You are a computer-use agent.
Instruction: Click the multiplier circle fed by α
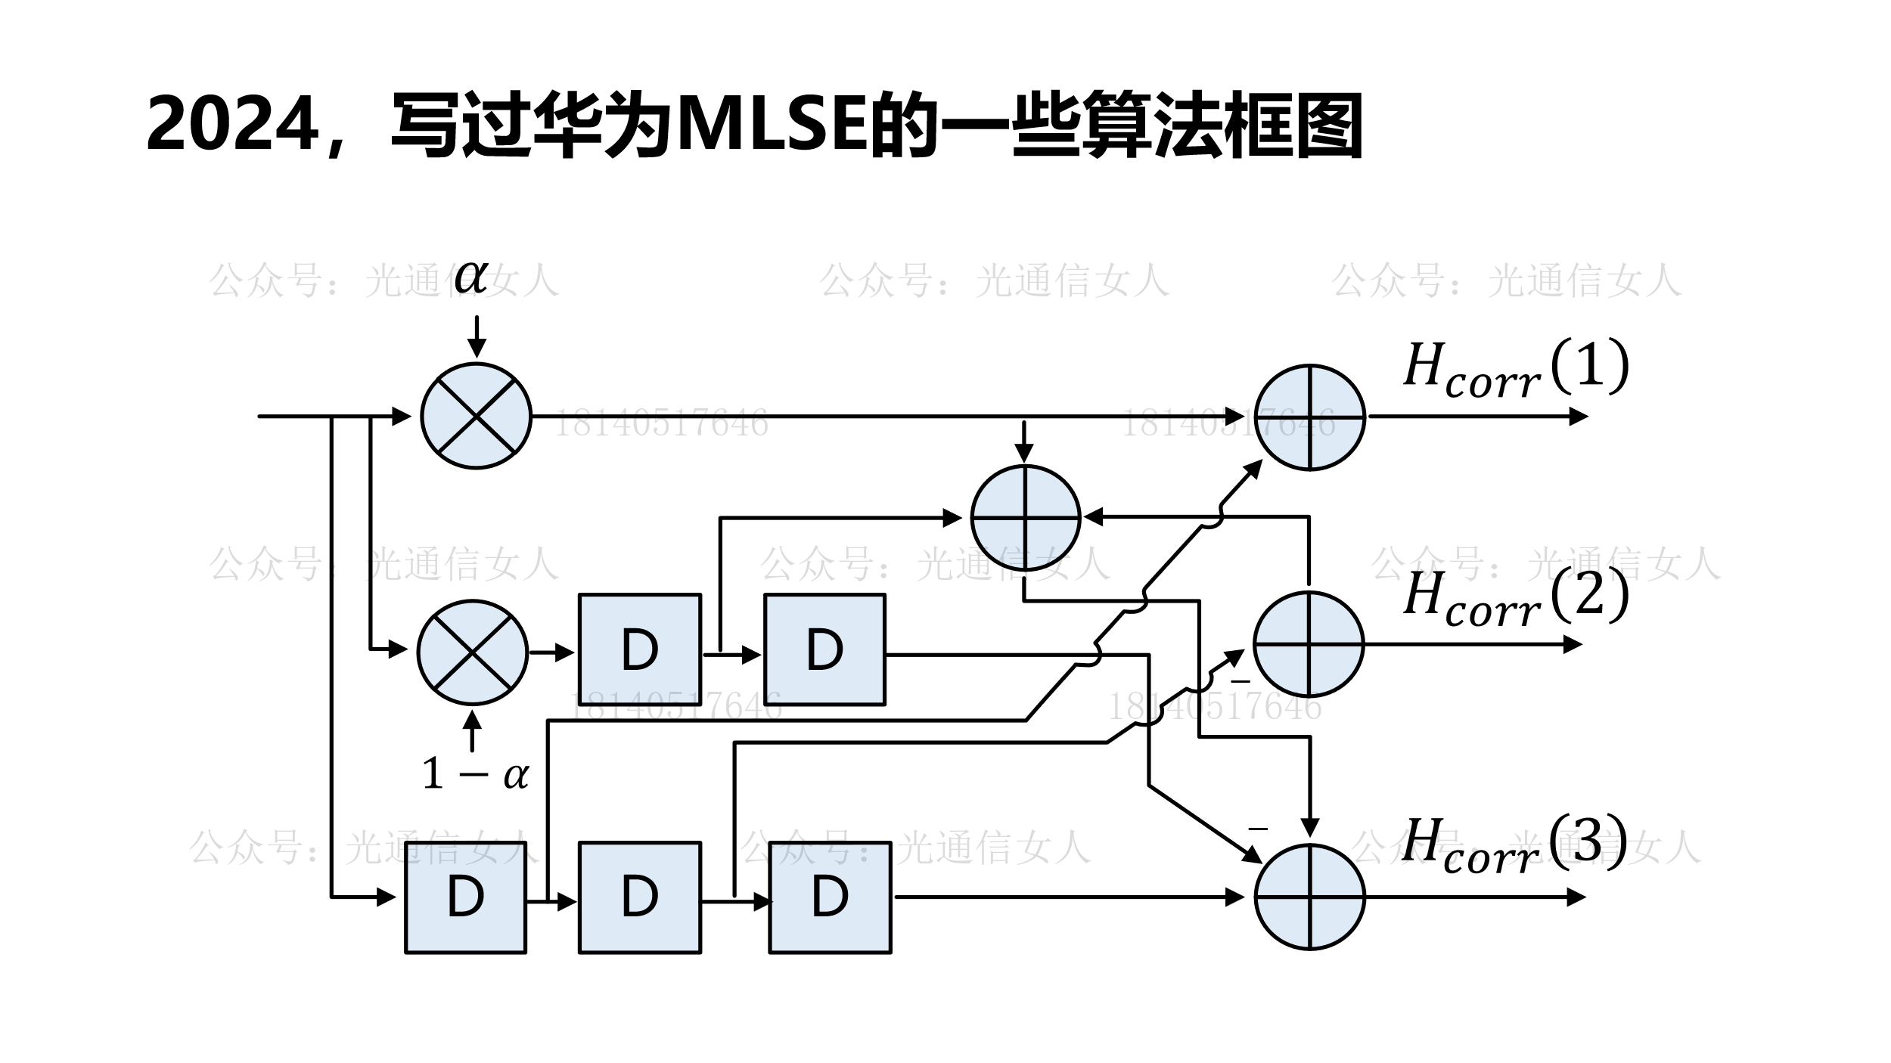coord(476,416)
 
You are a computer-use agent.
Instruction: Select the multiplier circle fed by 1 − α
coord(473,652)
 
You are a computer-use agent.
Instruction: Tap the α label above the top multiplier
coord(471,277)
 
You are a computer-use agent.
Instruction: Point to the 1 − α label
coord(476,774)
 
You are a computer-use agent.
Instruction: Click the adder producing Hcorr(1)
coord(1309,417)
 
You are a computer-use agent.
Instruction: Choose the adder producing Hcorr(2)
coord(1309,643)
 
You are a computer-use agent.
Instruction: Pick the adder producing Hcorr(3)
coord(1309,897)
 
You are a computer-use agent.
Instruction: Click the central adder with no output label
coord(1025,519)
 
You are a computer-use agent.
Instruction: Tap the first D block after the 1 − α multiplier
coord(640,649)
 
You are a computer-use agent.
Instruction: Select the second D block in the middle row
coord(824,649)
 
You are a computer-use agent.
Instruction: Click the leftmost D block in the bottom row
coord(465,897)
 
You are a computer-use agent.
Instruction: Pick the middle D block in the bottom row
coord(640,897)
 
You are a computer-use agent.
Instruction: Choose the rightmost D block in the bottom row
coord(830,897)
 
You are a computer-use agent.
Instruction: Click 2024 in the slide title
coord(231,125)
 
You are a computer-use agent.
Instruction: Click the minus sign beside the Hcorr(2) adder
coord(1240,681)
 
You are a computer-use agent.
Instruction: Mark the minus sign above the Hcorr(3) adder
coord(1257,829)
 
